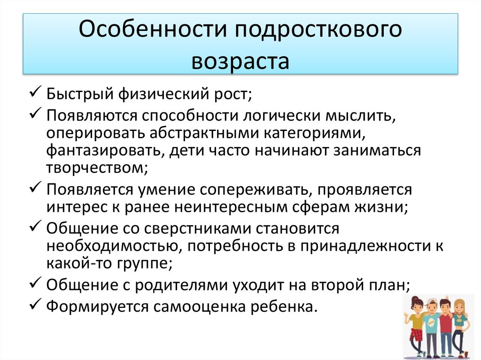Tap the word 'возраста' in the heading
pos(240,61)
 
